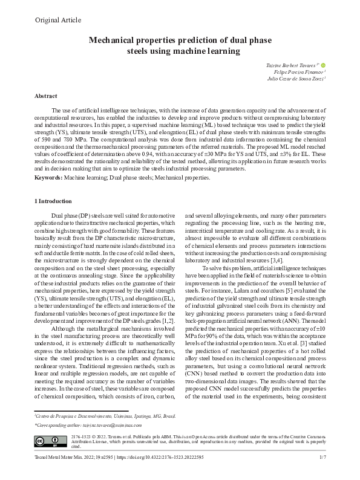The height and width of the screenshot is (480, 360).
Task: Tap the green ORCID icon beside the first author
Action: pyautogui.click(x=324, y=64)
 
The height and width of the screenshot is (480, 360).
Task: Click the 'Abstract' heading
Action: pyautogui.click(x=46, y=96)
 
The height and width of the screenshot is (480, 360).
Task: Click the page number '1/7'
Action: pyautogui.click(x=323, y=465)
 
